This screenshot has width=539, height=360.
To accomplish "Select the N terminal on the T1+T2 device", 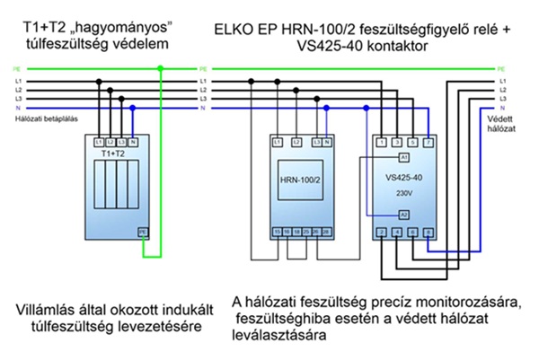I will [x=133, y=143].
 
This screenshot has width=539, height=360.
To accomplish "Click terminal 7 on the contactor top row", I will [x=428, y=143].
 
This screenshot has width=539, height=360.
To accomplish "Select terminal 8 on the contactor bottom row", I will [x=428, y=233].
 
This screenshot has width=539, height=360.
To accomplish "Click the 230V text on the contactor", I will [x=403, y=189].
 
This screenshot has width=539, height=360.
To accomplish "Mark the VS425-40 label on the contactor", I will [x=404, y=178].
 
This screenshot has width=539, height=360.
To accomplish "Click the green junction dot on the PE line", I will [x=160, y=67].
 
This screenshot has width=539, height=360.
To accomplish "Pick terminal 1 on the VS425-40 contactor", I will [x=382, y=143].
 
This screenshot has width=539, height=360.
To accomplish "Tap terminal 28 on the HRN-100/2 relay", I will [x=327, y=232].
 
